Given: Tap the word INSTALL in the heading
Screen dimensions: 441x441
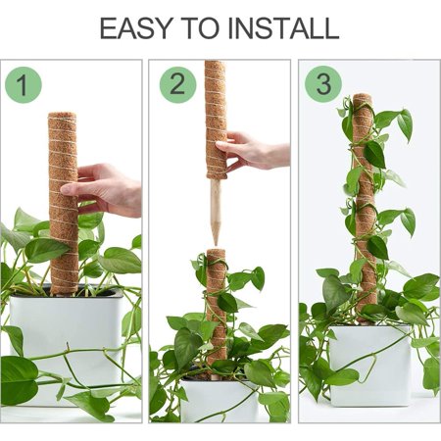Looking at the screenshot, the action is point(283,28).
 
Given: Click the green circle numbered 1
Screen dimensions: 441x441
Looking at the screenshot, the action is point(24,85).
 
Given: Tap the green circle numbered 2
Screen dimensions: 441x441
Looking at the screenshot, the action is point(177,85).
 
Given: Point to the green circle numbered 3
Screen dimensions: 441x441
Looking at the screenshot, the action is point(323,84).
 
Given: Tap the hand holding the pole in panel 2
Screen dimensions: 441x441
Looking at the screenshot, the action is point(253,151).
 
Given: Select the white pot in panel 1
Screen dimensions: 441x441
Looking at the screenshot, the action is point(67,346).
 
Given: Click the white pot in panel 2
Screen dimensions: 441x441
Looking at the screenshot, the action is point(219,399).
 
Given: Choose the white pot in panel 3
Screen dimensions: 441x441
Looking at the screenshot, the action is point(370,366).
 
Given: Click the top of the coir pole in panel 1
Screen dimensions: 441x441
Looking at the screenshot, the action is point(63,116).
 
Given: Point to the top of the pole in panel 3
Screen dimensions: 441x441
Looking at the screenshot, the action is point(363,97).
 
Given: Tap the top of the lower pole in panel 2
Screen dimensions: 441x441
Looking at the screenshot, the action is point(217,252).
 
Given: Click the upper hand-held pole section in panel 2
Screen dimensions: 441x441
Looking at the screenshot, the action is point(216,120).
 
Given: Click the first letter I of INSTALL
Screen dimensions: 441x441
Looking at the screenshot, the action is point(230,28).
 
